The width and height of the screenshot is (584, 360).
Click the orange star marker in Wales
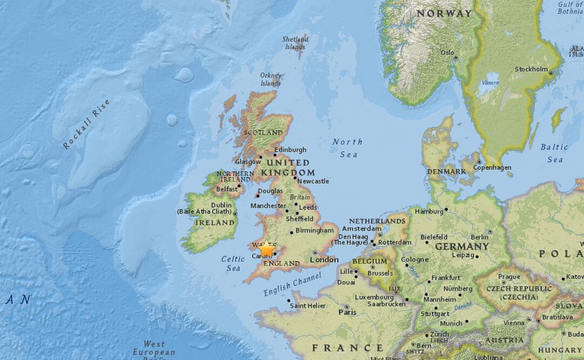click(x=266, y=249)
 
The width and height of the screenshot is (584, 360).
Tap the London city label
click(x=324, y=260)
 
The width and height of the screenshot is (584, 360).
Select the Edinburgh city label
click(x=290, y=150)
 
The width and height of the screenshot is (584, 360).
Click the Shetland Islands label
click(x=296, y=43)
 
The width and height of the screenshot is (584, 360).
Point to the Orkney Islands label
click(x=271, y=79)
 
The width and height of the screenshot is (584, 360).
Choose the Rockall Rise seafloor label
click(x=86, y=124)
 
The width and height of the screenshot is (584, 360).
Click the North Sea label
click(x=347, y=148)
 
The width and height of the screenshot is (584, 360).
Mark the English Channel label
click(x=292, y=284)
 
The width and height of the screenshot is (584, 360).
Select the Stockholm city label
click(x=531, y=69)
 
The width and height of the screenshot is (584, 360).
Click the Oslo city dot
click(x=455, y=58)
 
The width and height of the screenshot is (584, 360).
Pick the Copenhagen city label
click(x=492, y=168)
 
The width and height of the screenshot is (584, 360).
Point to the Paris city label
click(x=347, y=312)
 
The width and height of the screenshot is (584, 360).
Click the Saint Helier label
click(x=308, y=305)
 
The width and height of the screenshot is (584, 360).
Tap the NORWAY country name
click(x=444, y=14)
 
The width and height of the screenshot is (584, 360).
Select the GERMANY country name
click(x=462, y=246)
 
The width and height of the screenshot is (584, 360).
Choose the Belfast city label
click(x=226, y=189)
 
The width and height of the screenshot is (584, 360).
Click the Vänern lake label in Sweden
click(x=491, y=83)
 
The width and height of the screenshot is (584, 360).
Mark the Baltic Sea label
click(x=555, y=153)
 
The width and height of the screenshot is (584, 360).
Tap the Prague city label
click(x=509, y=276)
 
